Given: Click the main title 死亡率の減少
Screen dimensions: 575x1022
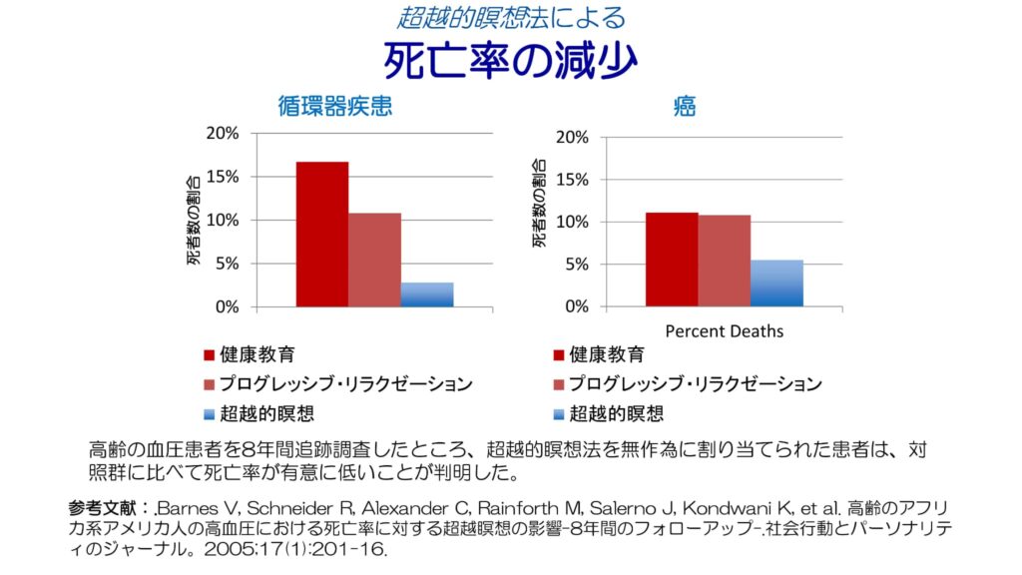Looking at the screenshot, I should pos(510,61).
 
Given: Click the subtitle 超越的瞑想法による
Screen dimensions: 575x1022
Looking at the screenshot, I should pos(511,17).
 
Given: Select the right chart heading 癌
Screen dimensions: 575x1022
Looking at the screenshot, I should pos(685,107).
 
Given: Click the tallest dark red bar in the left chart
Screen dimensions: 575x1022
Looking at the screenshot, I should pos(322,234).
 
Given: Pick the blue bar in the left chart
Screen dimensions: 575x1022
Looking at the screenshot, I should pos(427,294).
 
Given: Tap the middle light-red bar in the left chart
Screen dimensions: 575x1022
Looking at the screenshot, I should pos(374,260).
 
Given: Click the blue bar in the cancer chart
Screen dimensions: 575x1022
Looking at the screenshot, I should pos(776,284).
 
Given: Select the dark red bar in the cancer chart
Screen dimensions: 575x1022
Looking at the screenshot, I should pos(672,260).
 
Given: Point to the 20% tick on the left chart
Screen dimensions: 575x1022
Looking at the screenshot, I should pos(223,133).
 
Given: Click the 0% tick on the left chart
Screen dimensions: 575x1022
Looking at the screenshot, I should pos(227,306).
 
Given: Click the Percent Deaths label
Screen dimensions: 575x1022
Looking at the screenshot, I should pos(724,330).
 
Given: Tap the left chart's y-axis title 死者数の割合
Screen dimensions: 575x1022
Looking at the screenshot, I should pos(193,220).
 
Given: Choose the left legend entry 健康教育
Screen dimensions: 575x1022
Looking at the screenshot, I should pos(256,354).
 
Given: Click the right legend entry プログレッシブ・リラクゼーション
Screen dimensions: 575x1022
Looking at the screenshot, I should pos(695,384).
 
